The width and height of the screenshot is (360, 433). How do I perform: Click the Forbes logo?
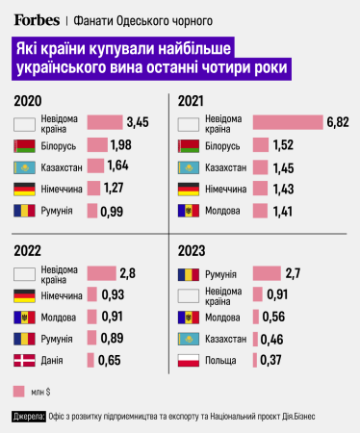pyautogui.click(x=37, y=19)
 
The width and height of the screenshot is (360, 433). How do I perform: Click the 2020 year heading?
pyautogui.click(x=29, y=101)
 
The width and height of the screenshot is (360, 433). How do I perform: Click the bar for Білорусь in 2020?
pyautogui.click(x=97, y=144)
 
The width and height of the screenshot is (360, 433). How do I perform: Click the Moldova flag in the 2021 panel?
pyautogui.click(x=190, y=210)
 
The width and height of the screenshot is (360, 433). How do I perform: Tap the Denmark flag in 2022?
pyautogui.click(x=26, y=360)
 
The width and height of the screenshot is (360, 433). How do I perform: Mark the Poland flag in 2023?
pyautogui.click(x=190, y=360)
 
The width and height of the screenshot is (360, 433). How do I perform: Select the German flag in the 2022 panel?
pyautogui.click(x=26, y=294)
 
